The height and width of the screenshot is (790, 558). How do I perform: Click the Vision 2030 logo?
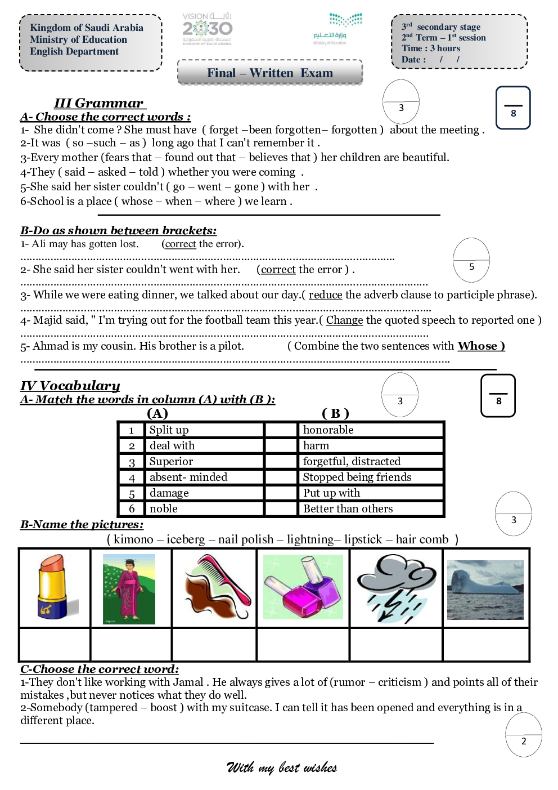coord(207,29)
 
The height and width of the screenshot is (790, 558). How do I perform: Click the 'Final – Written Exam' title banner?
coord(270,73)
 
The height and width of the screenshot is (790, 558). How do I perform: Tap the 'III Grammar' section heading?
coord(99,103)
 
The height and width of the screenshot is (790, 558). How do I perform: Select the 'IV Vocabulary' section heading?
coord(70,386)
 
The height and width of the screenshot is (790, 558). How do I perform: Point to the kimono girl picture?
coord(129,588)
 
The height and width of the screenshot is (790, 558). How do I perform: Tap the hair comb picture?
coord(215,587)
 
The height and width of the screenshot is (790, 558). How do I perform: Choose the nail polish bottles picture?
coord(303,587)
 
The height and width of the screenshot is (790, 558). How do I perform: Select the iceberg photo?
coord(485,590)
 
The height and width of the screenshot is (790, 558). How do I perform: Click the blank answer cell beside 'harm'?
coord(281,446)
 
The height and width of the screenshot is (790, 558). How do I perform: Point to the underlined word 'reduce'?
coord(325,295)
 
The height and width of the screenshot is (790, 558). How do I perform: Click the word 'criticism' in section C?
coord(399,682)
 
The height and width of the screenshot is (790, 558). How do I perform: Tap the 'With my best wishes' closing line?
coord(282,767)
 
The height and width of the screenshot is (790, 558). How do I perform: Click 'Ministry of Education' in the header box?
coord(78,39)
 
